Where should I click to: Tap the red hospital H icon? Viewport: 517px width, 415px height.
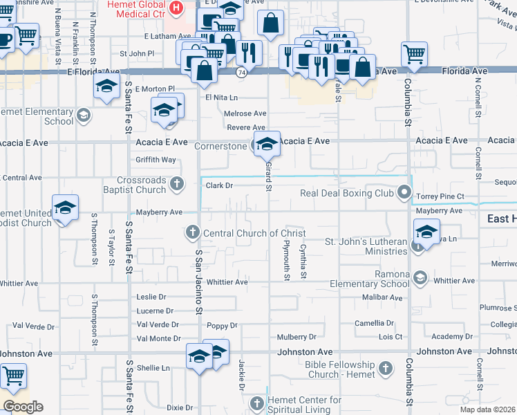pyautogui.click(x=176, y=8)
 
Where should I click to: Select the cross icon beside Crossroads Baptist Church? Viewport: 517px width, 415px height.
pyautogui.click(x=178, y=184)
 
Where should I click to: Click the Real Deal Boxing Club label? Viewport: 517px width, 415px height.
pyautogui.click(x=346, y=194)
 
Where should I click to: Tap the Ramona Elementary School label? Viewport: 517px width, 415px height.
pyautogui.click(x=369, y=279)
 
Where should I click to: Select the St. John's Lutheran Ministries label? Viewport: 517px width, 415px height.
pyautogui.click(x=367, y=247)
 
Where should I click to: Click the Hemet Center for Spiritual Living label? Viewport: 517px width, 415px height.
pyautogui.click(x=305, y=405)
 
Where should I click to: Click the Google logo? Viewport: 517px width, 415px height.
pyautogui.click(x=23, y=407)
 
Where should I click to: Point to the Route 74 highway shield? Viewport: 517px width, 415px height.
pyautogui.click(x=241, y=71)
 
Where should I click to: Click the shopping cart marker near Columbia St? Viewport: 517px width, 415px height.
pyautogui.click(x=413, y=54)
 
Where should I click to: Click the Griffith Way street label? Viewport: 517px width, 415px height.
pyautogui.click(x=156, y=160)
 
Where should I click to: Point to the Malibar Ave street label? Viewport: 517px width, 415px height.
pyautogui.click(x=382, y=297)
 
